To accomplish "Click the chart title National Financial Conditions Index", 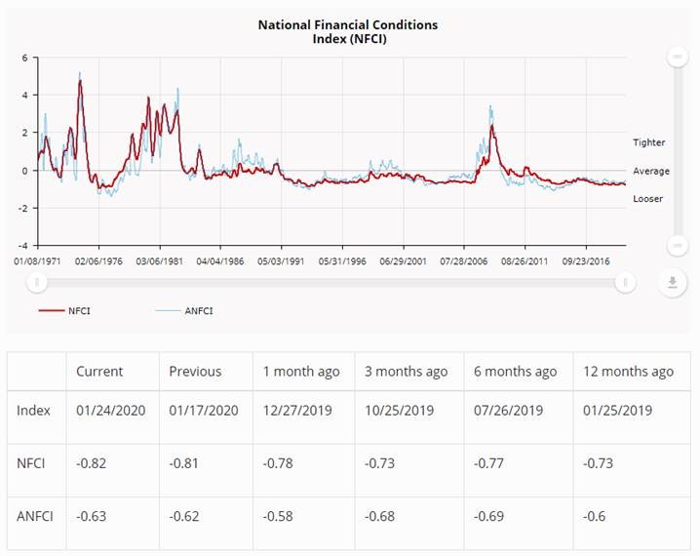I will (347, 30).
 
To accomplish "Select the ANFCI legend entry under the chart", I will (198, 310).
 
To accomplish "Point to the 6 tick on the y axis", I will (24, 58).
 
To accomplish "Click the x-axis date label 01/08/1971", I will (37, 261).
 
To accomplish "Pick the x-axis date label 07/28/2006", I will (464, 261).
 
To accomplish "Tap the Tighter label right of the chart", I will (648, 142).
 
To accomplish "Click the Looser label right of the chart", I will (648, 198).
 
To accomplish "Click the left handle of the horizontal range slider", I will (37, 283).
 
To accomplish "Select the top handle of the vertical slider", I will (678, 58).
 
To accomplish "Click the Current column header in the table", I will (99, 372).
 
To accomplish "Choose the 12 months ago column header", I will (628, 372).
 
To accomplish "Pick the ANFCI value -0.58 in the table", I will (281, 515).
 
